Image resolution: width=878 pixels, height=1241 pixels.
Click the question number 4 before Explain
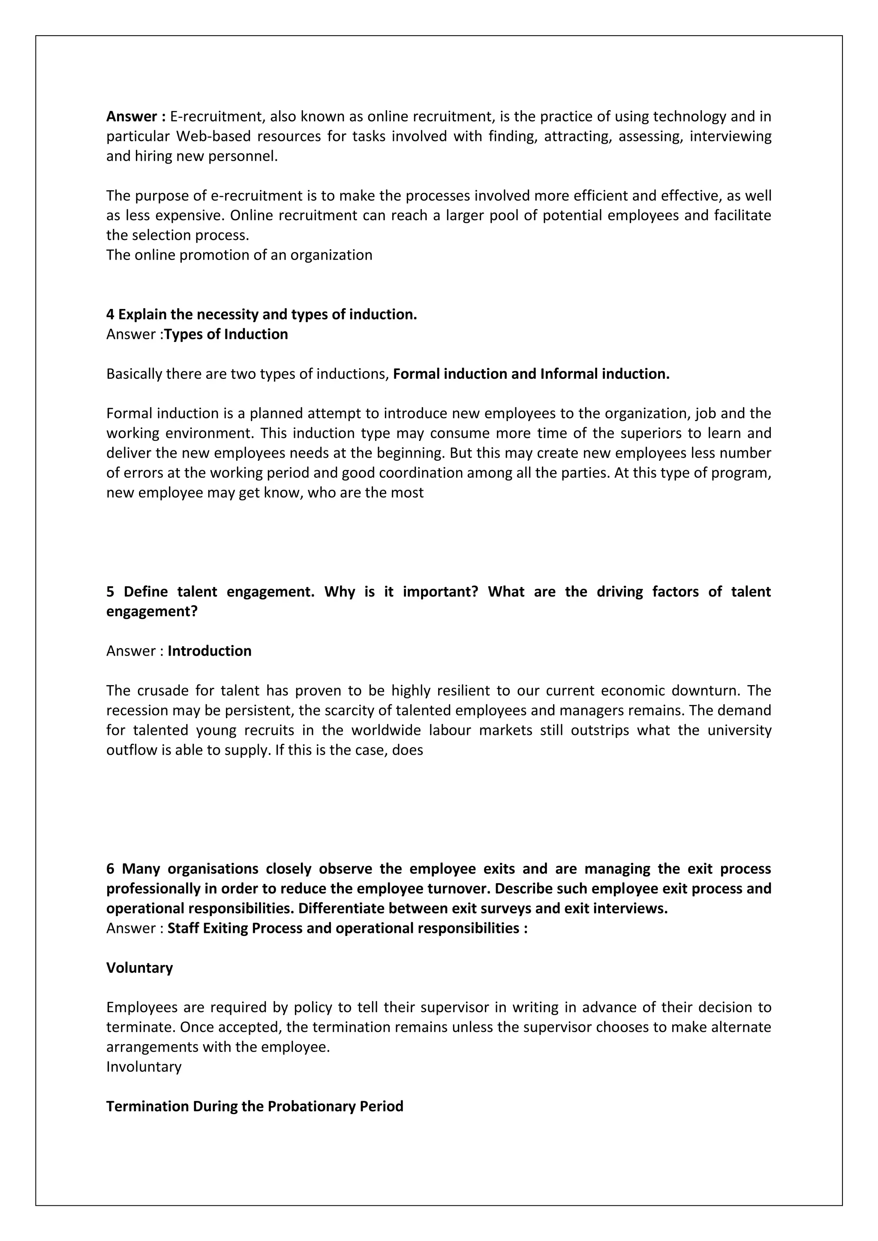point(110,315)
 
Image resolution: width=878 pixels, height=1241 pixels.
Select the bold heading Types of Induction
point(226,335)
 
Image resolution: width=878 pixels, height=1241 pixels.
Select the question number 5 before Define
point(110,592)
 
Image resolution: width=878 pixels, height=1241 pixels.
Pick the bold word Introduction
point(209,651)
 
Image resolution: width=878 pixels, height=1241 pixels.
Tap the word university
point(739,730)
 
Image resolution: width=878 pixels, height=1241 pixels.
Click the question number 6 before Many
point(110,869)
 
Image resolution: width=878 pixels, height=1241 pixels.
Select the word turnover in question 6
point(458,889)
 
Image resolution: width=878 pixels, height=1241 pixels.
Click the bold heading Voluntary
point(139,968)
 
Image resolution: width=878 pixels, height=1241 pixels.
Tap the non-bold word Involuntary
point(144,1067)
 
